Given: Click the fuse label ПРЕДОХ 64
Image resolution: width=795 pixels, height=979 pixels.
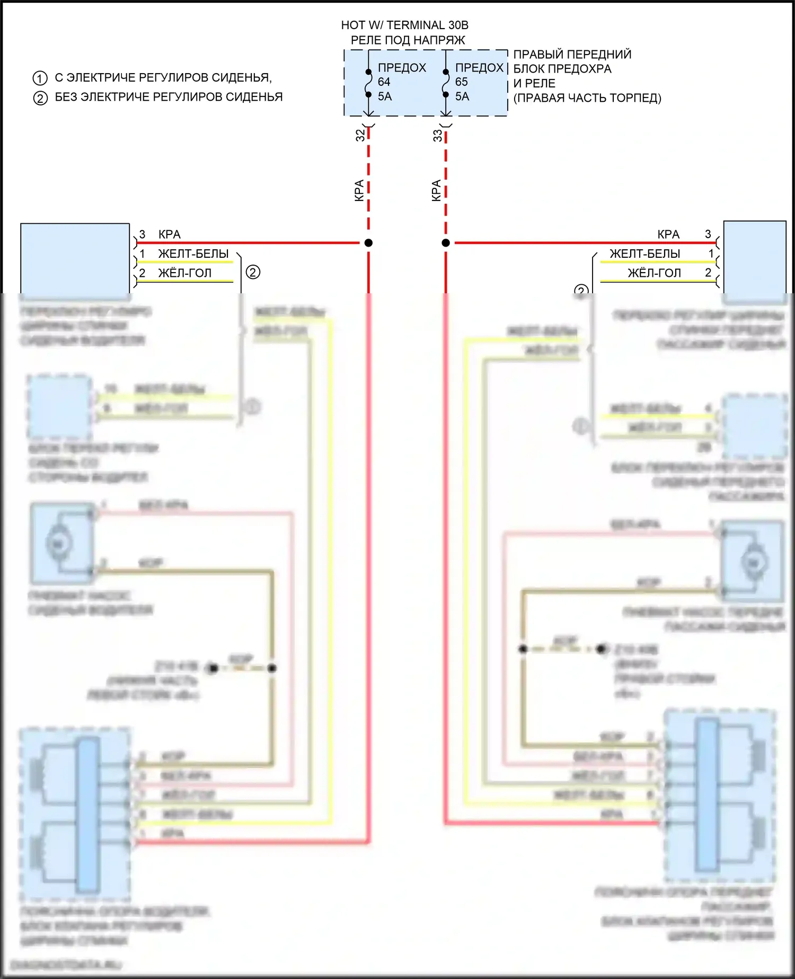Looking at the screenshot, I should (401, 74).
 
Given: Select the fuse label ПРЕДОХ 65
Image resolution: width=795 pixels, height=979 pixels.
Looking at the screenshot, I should (479, 74).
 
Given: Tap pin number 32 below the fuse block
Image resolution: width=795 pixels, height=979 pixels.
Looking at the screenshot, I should (360, 135).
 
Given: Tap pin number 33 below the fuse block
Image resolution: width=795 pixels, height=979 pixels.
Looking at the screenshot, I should (438, 135).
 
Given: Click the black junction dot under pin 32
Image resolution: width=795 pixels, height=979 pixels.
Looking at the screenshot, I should (368, 243).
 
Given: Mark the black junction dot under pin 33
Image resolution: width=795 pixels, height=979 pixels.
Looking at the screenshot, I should (446, 243).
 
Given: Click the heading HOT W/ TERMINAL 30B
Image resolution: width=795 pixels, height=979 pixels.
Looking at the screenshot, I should (404, 25).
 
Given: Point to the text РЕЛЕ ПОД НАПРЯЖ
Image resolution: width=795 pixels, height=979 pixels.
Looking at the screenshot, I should (408, 40).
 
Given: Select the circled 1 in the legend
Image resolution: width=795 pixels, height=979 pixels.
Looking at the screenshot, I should (40, 78).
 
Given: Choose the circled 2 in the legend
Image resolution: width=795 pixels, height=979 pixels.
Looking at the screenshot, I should (40, 98).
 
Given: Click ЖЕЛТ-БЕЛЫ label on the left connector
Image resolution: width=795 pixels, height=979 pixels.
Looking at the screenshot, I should (193, 254).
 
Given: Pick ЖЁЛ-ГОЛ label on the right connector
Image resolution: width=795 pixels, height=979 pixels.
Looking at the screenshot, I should (654, 273).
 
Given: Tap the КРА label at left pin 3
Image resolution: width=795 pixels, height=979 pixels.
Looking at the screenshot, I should (170, 234).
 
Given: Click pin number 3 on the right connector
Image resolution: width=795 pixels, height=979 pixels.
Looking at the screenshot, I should (708, 234).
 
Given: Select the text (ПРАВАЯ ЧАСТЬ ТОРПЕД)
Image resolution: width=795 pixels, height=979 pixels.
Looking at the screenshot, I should (587, 98).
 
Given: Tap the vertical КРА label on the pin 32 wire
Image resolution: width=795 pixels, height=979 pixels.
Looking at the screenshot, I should (359, 190).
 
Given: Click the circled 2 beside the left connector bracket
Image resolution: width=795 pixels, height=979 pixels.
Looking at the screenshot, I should (253, 273).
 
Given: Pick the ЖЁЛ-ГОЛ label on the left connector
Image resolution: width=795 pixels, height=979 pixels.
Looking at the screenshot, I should (184, 273).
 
